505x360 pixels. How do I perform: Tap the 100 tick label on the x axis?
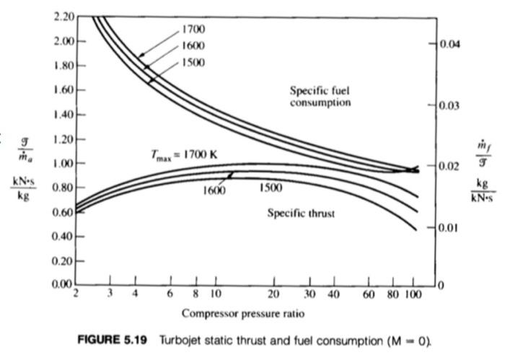click(x=412, y=296)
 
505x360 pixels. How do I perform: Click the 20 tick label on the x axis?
click(x=273, y=296)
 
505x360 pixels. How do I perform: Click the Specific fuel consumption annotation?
click(x=320, y=97)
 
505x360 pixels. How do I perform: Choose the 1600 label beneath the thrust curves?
click(x=214, y=191)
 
